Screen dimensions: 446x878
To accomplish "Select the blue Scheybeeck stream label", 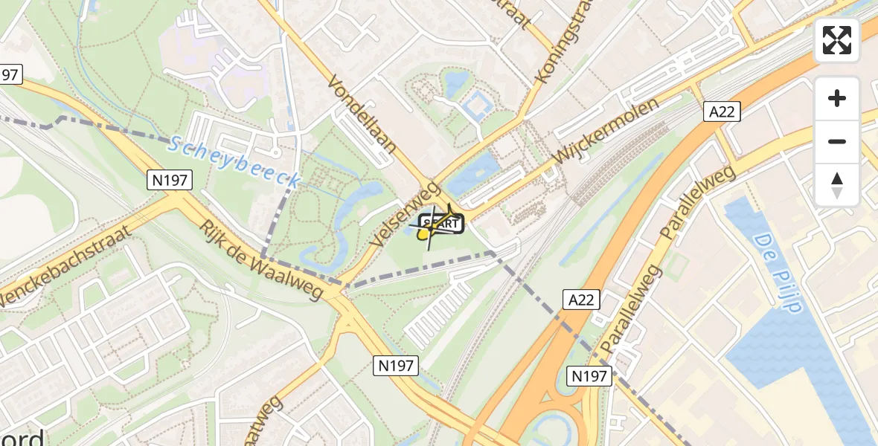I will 234,160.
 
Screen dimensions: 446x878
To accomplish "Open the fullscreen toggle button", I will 837,40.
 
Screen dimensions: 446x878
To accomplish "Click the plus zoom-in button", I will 837,98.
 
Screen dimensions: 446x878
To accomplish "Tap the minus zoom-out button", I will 837,141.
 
